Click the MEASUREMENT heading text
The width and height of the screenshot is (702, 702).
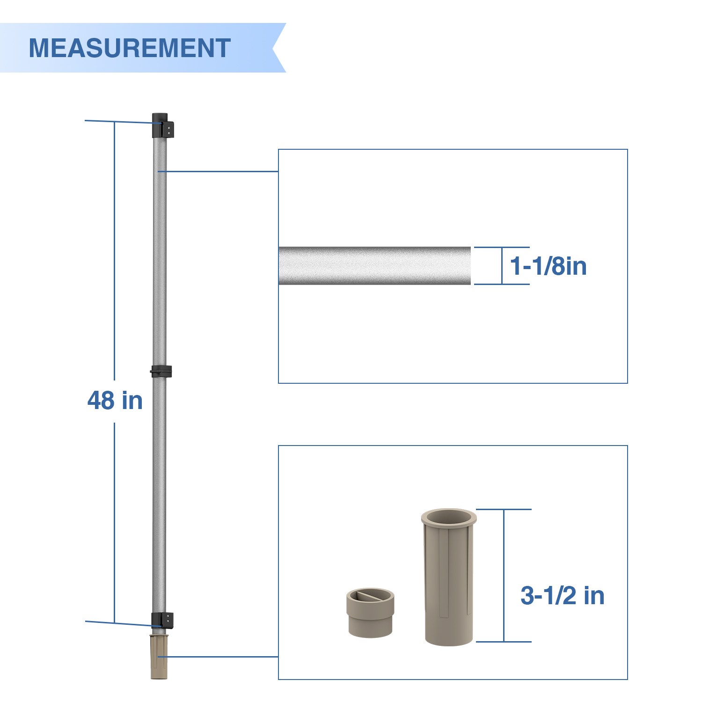pos(130,48)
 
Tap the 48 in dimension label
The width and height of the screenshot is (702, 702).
pos(115,401)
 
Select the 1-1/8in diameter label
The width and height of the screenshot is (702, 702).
pos(548,266)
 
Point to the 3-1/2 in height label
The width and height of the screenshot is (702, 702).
pos(563,596)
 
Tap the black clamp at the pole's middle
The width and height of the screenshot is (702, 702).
pos(161,372)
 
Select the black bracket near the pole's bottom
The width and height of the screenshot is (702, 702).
pos(162,621)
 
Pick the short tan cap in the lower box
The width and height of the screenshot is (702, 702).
pos(371,613)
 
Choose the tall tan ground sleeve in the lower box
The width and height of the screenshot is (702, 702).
pos(449,578)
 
